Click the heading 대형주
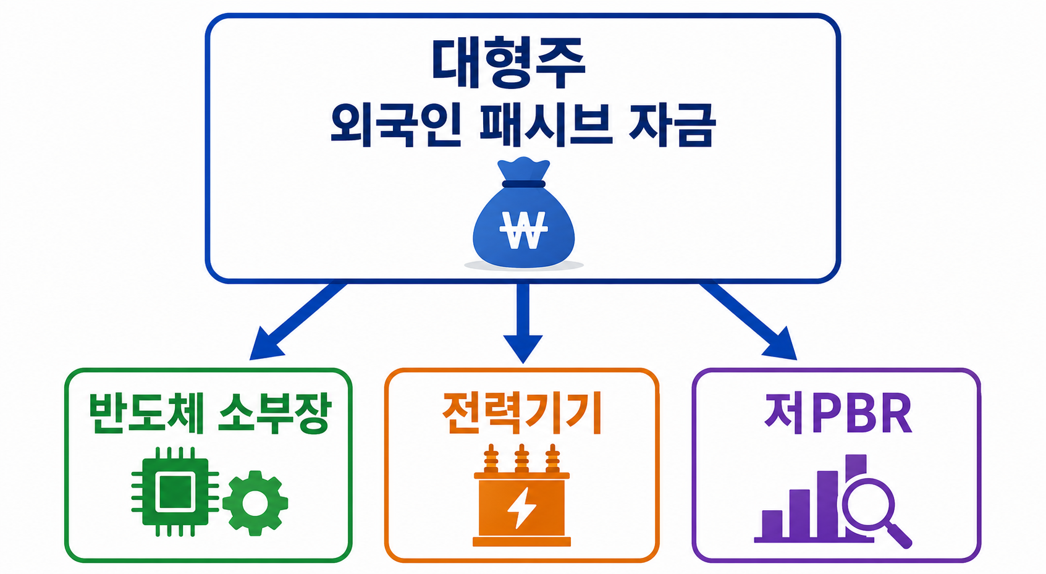(508, 64)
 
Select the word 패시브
(546, 125)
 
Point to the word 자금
(672, 125)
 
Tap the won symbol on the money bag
(523, 230)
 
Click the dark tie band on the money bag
(524, 184)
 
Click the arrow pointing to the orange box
(523, 321)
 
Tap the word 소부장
(274, 413)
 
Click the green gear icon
(255, 502)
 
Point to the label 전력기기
(522, 413)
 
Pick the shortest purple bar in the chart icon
(772, 524)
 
